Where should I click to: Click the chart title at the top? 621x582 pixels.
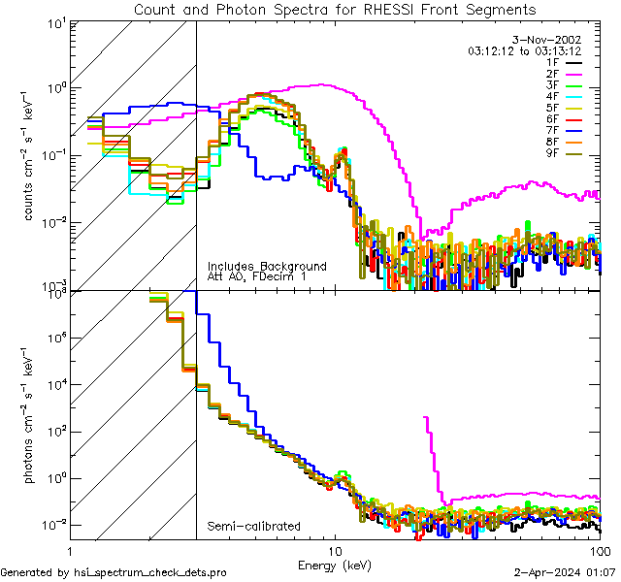(x=334, y=9)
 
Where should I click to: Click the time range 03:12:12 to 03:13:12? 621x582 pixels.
(x=524, y=50)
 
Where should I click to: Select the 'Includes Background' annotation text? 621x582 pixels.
(x=267, y=266)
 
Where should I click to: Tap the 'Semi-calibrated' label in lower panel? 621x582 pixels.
(x=253, y=527)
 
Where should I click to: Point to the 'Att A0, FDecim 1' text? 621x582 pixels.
(x=256, y=277)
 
